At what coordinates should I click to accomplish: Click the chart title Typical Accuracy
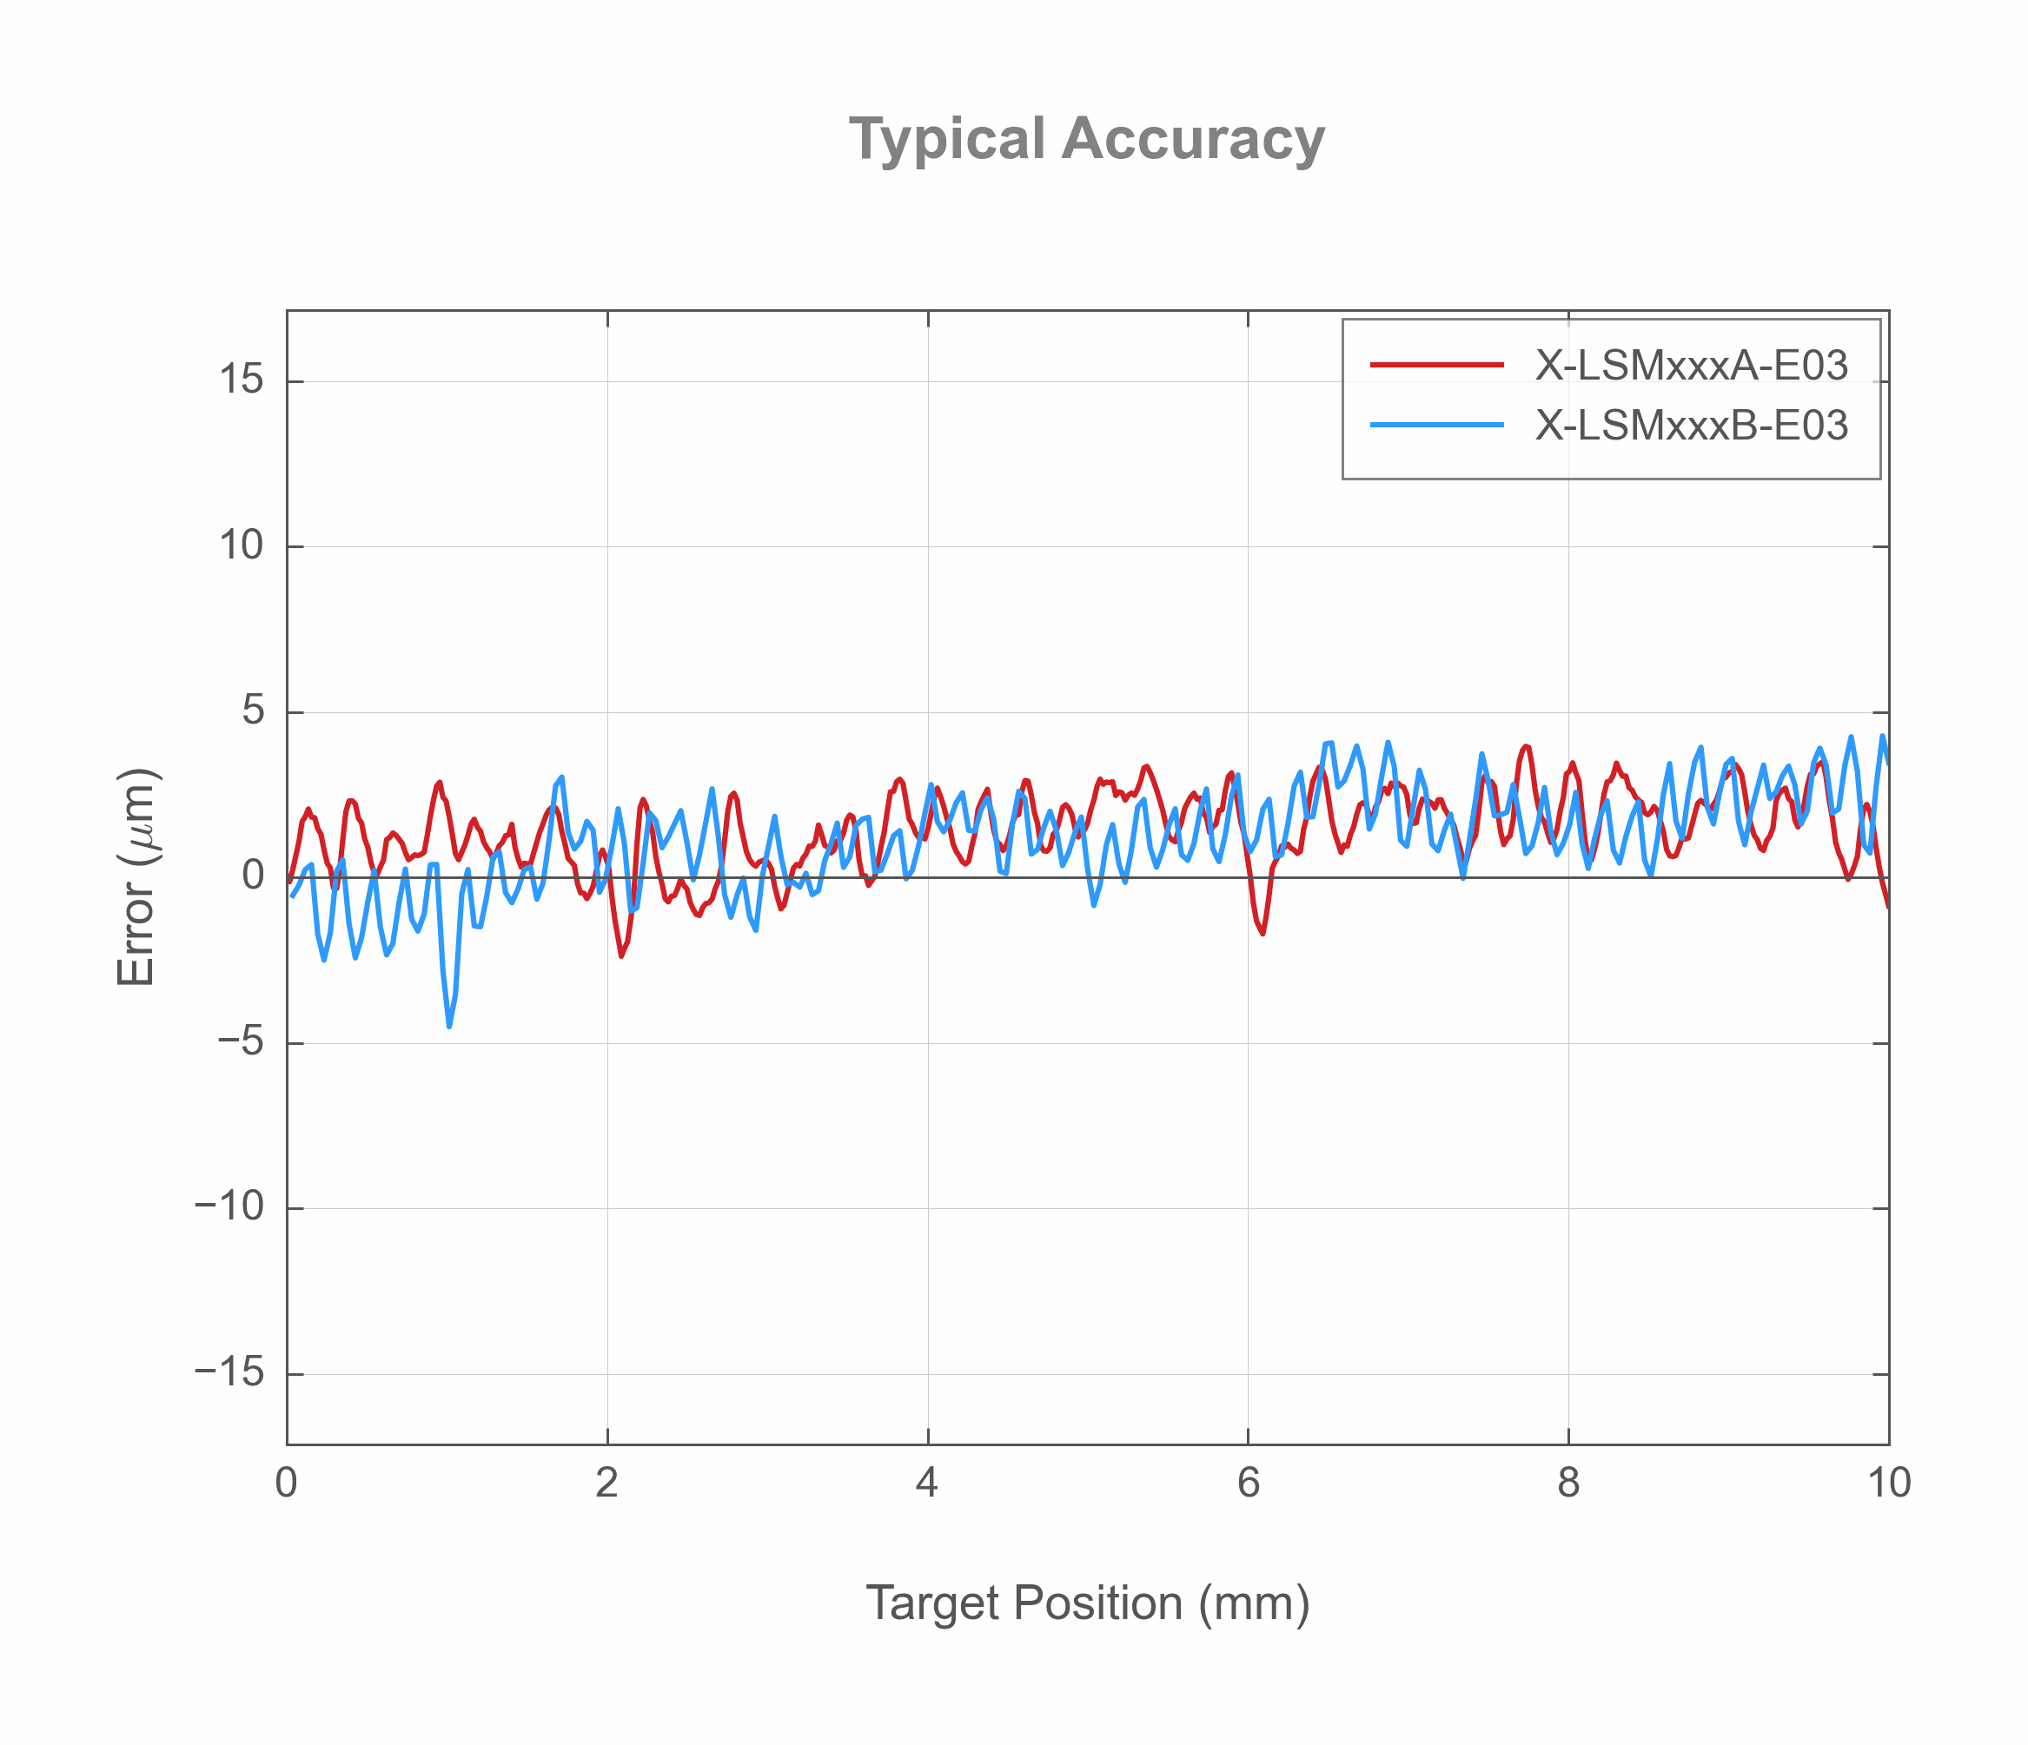tap(1086, 139)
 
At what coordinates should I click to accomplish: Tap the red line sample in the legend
tap(1437, 365)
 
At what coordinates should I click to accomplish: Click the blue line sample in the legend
tap(1437, 425)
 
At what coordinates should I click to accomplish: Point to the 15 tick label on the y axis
tap(242, 380)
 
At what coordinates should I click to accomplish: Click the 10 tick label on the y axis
tap(242, 545)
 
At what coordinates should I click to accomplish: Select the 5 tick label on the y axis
tap(254, 711)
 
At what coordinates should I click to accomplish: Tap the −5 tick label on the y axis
tap(241, 1042)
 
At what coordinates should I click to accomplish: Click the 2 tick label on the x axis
tap(606, 1484)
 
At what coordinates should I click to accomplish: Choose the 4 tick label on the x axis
tap(927, 1484)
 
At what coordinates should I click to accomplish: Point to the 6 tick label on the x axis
tap(1248, 1484)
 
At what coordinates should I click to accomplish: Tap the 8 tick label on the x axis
tap(1568, 1484)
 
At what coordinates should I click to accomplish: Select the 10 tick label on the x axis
tap(1888, 1484)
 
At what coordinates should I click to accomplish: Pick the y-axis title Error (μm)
tap(137, 877)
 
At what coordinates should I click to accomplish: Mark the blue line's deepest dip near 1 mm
tap(449, 1026)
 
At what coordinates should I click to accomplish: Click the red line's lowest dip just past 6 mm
tap(1263, 933)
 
